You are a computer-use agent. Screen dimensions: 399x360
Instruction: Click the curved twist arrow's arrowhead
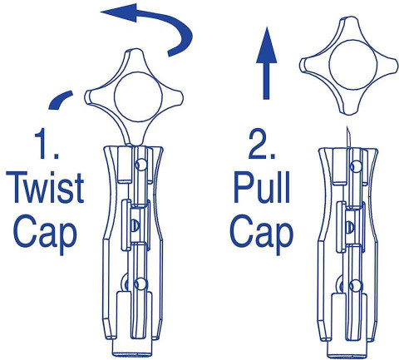tap(119, 12)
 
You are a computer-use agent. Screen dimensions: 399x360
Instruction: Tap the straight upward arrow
tap(266, 63)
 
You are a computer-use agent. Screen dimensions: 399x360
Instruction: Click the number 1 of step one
tap(43, 144)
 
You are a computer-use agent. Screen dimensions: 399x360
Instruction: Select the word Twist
tap(45, 188)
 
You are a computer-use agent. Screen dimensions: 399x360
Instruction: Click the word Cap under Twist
tap(45, 234)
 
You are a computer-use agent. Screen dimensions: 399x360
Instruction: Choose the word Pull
tap(262, 188)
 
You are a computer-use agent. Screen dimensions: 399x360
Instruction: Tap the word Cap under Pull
tap(262, 234)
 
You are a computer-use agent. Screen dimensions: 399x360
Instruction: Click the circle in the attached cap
tap(138, 96)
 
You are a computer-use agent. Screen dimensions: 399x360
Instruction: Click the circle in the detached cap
tap(353, 65)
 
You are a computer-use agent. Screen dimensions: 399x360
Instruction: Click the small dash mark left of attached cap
tap(61, 100)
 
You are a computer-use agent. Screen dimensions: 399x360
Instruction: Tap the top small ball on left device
tap(141, 165)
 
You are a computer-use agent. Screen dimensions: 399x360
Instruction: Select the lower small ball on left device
tap(140, 284)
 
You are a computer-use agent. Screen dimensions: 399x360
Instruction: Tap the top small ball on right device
tap(357, 166)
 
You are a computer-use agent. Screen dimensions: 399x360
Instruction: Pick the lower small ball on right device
tap(357, 285)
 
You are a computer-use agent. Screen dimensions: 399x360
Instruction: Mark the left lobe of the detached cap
tap(307, 66)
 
